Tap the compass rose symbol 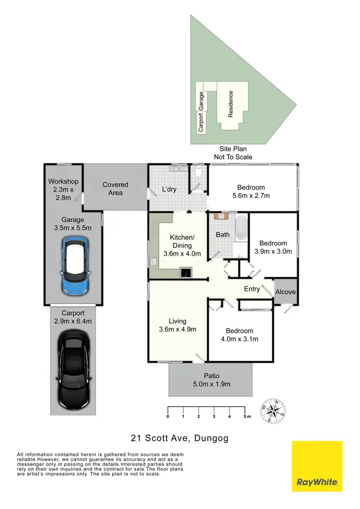click(274, 412)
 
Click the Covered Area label click(115, 189)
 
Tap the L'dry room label click(168, 189)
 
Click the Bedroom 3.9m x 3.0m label click(274, 247)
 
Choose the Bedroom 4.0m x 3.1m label click(240, 335)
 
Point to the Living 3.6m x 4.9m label click(177, 326)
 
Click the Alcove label click(286, 292)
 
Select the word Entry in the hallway click(252, 289)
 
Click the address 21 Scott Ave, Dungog click(180, 438)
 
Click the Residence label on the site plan click(231, 104)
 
